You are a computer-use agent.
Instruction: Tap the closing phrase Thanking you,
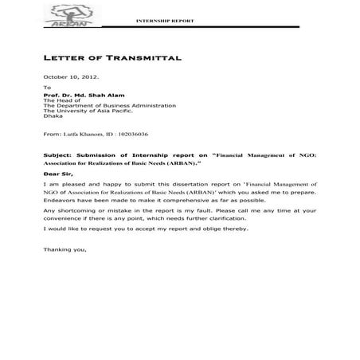point(65,251)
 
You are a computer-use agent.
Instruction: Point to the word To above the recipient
point(47,87)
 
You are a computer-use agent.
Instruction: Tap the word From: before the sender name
point(52,135)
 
